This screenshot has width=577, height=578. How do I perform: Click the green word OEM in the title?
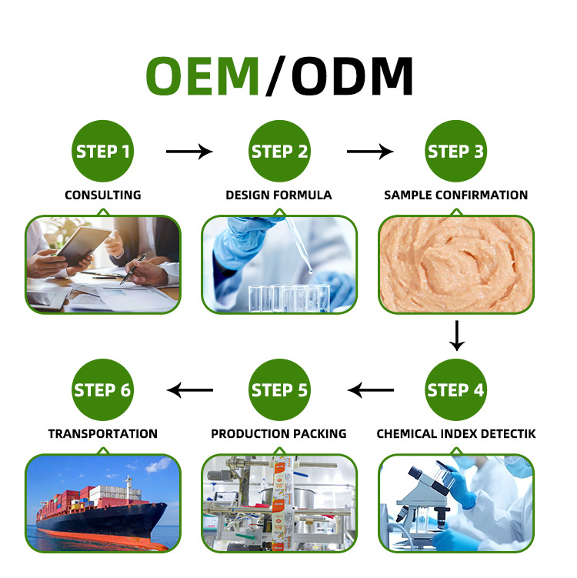coord(203,76)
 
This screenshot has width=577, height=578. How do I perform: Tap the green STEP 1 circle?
coord(102,151)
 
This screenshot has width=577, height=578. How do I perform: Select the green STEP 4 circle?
coord(456,389)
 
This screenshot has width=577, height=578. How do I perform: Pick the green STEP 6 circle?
coord(102,389)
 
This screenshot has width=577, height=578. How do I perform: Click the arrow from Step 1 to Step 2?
coord(189,152)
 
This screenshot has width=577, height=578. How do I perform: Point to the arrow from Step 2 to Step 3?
coord(370,152)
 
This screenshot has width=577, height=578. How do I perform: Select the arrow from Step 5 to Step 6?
coord(191,390)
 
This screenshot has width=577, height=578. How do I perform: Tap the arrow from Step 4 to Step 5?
coord(371,390)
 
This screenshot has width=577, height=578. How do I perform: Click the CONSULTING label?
coord(102,195)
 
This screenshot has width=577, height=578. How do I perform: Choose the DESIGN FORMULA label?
coord(278,195)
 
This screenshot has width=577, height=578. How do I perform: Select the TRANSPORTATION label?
coord(102,434)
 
